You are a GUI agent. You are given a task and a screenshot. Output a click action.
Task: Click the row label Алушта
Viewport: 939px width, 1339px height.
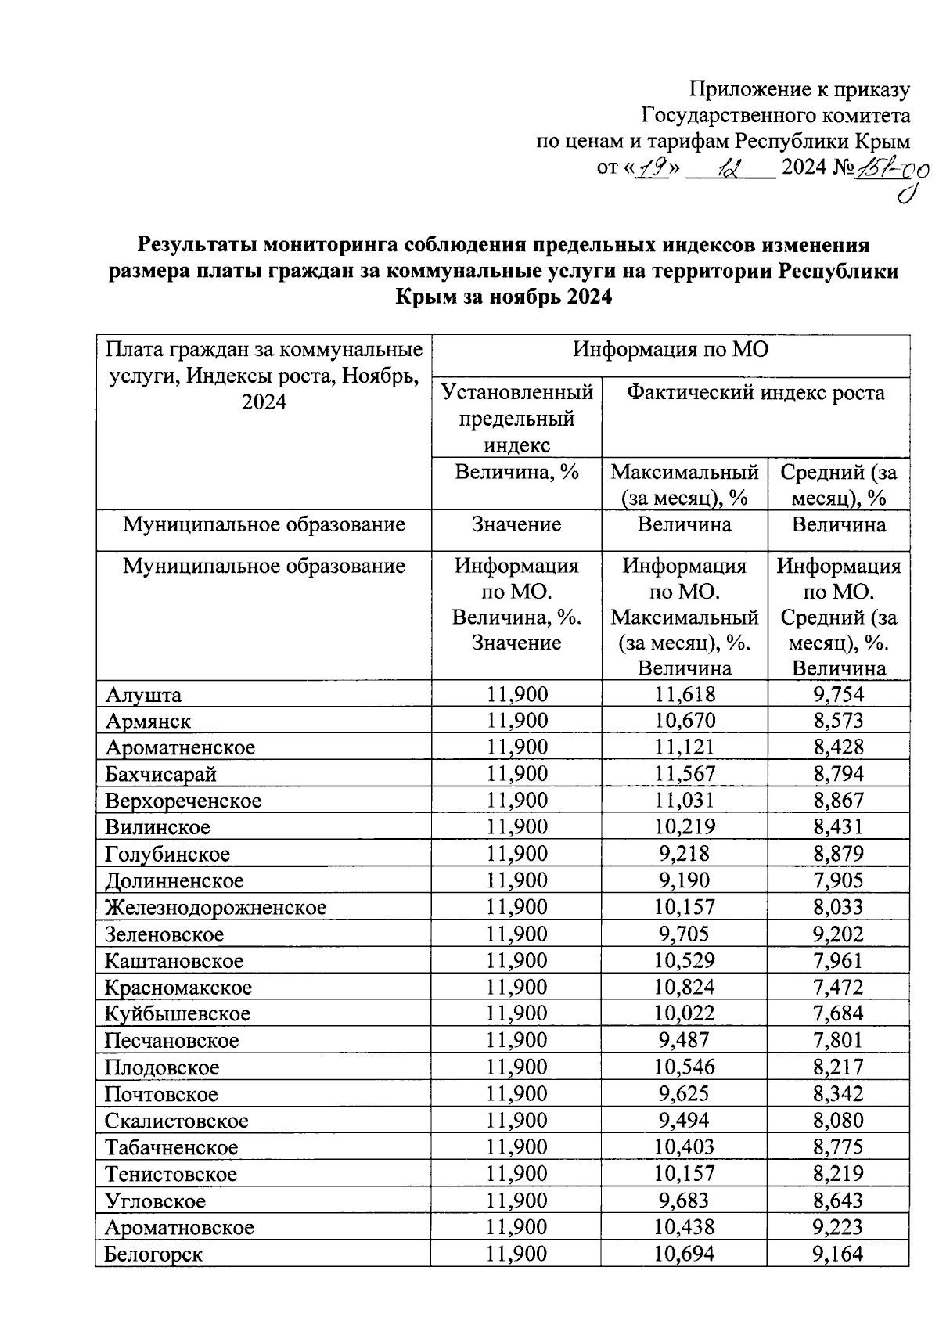[x=144, y=695]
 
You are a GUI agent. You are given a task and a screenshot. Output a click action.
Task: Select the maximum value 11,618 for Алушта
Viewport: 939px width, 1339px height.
[x=685, y=694]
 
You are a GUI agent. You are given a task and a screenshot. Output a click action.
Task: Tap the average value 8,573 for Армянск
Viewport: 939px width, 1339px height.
[x=839, y=721]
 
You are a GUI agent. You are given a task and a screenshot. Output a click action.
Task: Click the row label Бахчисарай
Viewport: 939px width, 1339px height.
[x=161, y=775]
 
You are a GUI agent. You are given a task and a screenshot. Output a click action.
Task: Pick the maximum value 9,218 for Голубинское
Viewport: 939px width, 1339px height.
[x=685, y=854]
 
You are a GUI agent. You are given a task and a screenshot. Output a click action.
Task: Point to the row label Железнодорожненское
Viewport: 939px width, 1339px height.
[x=216, y=908]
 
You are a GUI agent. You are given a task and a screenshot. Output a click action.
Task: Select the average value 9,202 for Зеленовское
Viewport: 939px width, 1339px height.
[x=839, y=934]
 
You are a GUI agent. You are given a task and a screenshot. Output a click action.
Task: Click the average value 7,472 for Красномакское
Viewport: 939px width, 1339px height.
[x=839, y=987]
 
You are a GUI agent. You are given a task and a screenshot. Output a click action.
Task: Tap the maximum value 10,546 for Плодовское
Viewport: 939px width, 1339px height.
[x=685, y=1067]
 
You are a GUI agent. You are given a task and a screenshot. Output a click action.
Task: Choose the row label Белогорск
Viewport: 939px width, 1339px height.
[x=153, y=1254]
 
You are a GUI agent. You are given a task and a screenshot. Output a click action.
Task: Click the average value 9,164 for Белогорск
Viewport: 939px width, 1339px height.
[x=839, y=1254]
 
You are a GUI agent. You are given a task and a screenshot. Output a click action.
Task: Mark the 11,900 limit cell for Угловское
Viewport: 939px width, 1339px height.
[x=517, y=1200]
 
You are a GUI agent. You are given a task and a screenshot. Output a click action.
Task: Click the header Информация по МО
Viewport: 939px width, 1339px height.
[x=671, y=349]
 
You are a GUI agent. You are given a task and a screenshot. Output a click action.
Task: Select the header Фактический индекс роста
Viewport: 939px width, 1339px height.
[x=755, y=393]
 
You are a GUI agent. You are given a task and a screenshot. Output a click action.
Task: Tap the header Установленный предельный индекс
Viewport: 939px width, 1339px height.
[x=517, y=418]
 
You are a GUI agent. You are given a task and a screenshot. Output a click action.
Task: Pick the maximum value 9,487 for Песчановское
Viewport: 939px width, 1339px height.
[x=685, y=1040]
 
